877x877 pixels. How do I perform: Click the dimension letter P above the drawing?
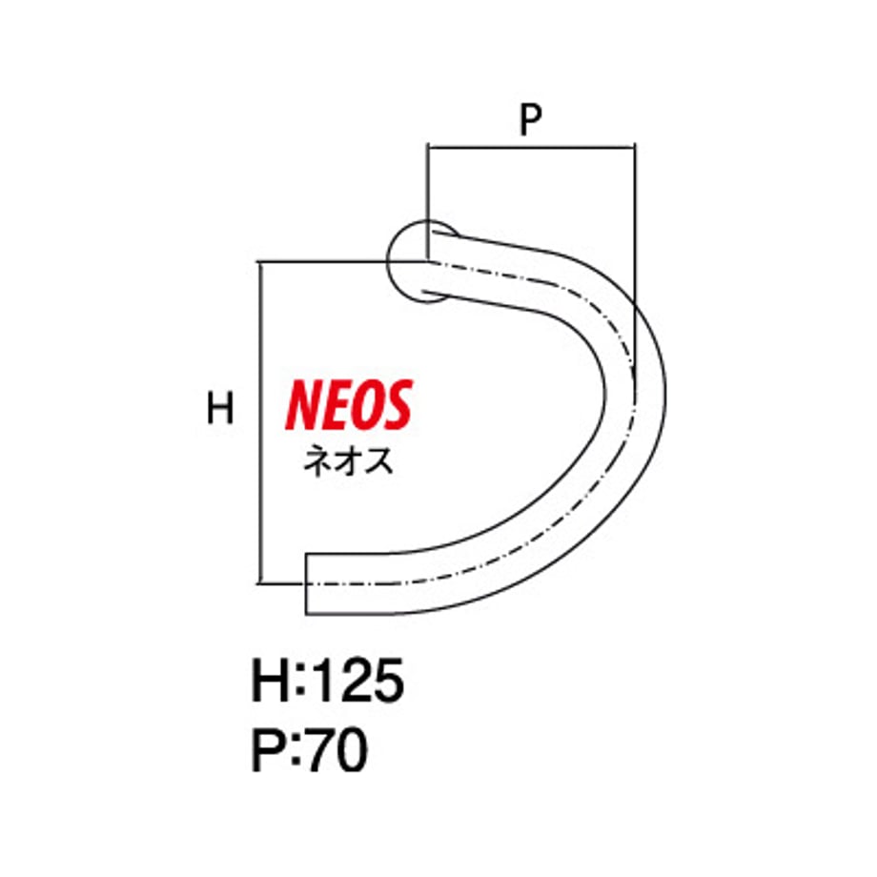click(x=531, y=119)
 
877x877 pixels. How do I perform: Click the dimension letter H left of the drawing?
click(x=220, y=408)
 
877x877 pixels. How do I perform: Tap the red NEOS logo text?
click(x=349, y=405)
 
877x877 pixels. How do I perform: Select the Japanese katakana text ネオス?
click(x=348, y=461)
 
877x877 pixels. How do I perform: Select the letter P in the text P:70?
click(x=270, y=750)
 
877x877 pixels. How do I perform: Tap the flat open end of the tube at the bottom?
click(x=306, y=584)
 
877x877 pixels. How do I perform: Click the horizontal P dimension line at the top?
click(x=531, y=147)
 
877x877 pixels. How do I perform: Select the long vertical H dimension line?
click(x=260, y=422)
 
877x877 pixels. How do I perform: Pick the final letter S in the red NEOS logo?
click(x=398, y=405)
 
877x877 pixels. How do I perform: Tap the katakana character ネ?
click(x=317, y=461)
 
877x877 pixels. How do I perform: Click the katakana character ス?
click(x=379, y=462)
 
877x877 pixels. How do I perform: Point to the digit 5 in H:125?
click(x=389, y=680)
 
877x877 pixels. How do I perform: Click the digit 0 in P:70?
click(x=353, y=750)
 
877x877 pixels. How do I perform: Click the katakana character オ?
click(x=348, y=462)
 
